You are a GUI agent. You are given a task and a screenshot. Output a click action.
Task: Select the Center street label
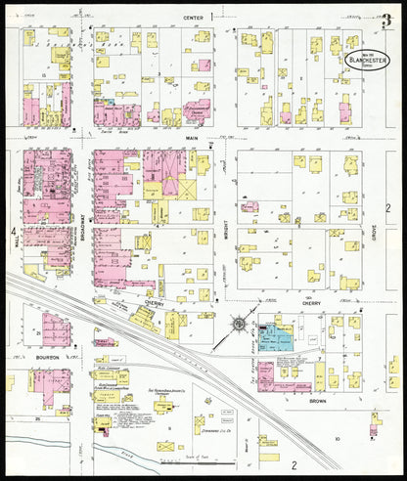[x=192, y=19]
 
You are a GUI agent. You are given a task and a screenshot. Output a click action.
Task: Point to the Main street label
[x=192, y=139]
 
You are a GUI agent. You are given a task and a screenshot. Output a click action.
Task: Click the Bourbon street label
[x=47, y=358]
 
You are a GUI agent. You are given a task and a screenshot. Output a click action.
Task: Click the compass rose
[x=237, y=325]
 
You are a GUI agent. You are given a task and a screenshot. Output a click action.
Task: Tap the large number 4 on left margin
[x=13, y=233]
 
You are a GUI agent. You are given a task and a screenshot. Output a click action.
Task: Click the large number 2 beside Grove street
[x=387, y=208]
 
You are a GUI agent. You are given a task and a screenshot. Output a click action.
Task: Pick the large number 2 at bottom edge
[x=291, y=465]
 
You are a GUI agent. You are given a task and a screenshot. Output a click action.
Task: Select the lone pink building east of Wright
[x=250, y=206]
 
